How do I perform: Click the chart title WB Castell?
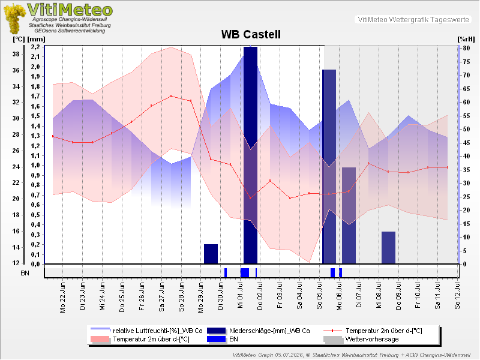point(251,34)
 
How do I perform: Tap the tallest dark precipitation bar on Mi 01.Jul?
point(250,155)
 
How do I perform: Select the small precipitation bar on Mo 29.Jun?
point(211,254)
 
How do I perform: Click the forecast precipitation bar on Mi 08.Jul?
point(388,247)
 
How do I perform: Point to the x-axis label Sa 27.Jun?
point(161,297)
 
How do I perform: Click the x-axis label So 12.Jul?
point(457,296)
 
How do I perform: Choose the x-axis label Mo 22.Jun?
point(63,298)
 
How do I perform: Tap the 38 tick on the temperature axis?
point(16,54)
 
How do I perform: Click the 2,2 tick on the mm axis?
point(35,47)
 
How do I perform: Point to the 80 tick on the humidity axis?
point(466,48)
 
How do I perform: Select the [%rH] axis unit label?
point(466,39)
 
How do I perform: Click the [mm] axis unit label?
point(36,39)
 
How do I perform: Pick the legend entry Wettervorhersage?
point(372,339)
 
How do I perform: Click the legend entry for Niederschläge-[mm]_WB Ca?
point(269,331)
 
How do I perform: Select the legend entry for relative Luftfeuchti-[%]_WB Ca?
point(158,331)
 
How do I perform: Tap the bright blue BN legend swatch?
point(217,339)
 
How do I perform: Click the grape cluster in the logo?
point(14,19)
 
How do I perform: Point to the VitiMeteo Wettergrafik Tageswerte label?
point(413,20)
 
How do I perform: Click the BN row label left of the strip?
point(25,273)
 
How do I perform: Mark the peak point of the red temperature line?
point(171,96)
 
